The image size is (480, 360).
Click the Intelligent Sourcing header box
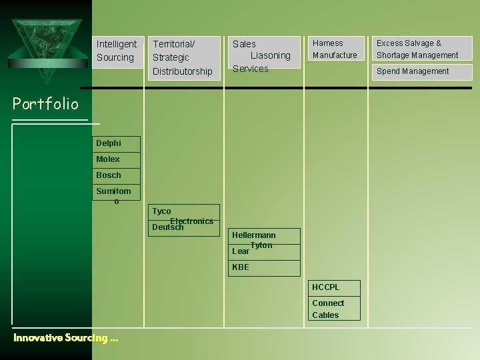117,51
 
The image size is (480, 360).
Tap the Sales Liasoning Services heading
261,56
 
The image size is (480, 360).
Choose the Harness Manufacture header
335,49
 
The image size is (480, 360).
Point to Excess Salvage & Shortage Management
417,49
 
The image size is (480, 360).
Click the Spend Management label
413,71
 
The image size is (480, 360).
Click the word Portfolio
45,103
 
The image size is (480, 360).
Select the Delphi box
116,143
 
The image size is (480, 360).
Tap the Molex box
116,159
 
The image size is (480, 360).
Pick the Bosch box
116,175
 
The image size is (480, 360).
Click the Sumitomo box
116,195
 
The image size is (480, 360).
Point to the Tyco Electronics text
183,216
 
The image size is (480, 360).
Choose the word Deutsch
167,227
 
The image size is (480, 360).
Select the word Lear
240,251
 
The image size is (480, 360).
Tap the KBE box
265,267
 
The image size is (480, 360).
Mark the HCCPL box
335,287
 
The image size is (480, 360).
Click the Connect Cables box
335,309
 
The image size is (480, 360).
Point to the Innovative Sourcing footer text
65,338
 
